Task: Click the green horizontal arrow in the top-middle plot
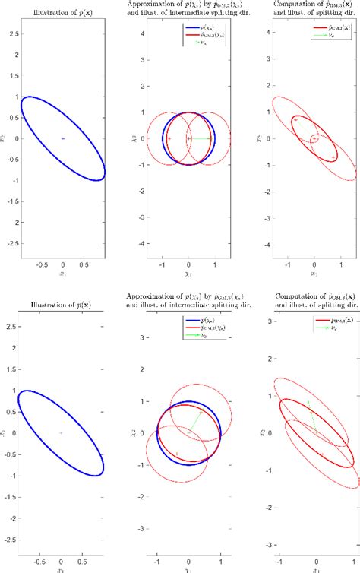tap(201, 138)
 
